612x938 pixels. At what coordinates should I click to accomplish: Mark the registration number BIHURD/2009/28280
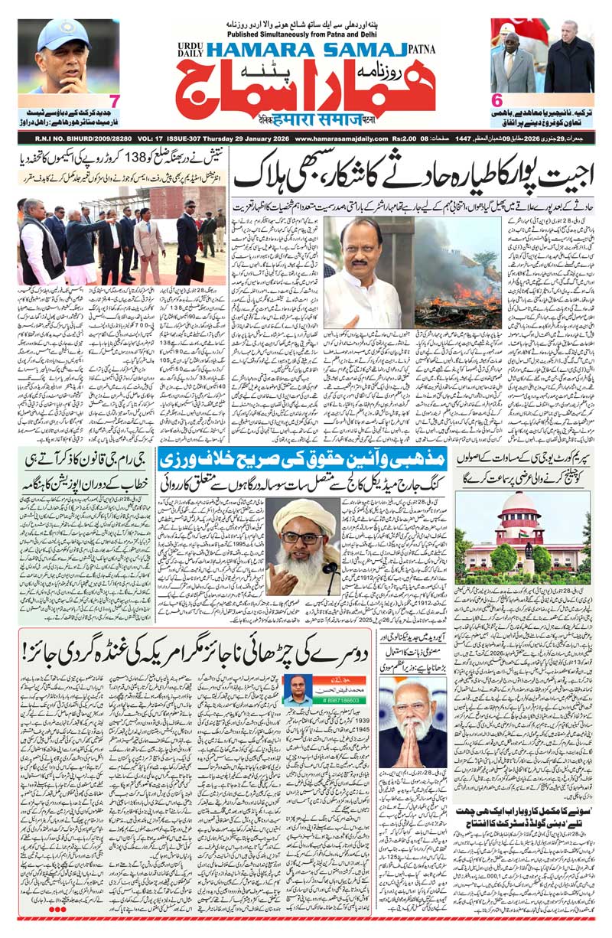(86, 138)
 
